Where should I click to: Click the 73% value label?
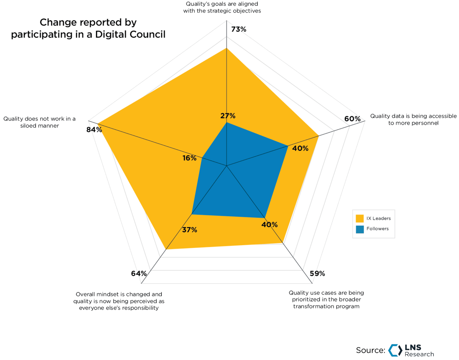[x=239, y=29]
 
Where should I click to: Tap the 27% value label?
[x=228, y=116]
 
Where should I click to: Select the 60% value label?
[x=352, y=119]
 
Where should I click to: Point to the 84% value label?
[x=94, y=129]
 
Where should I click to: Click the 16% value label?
[x=189, y=158]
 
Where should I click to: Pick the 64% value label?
[x=138, y=273]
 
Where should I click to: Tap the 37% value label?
[x=189, y=230]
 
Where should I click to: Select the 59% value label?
[x=317, y=273]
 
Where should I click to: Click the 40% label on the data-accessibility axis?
[x=300, y=148]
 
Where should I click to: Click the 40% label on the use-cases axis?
[x=270, y=225]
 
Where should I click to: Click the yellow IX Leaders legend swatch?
[x=360, y=218]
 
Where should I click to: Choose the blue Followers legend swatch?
[x=360, y=229]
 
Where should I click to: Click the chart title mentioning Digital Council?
[x=88, y=29]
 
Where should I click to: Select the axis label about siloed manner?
[x=39, y=122]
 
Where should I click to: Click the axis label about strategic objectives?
[x=224, y=7]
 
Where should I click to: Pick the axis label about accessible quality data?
[x=413, y=120]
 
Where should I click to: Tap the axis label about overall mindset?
[x=119, y=301]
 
